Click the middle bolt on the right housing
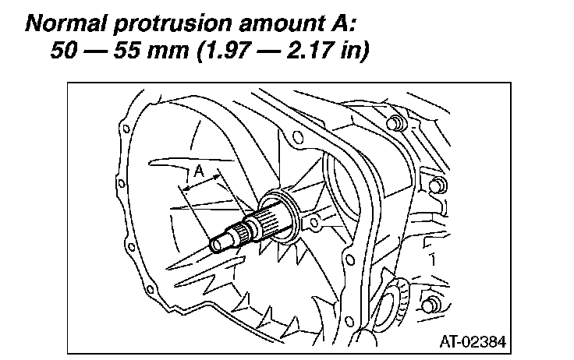(438, 184)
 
